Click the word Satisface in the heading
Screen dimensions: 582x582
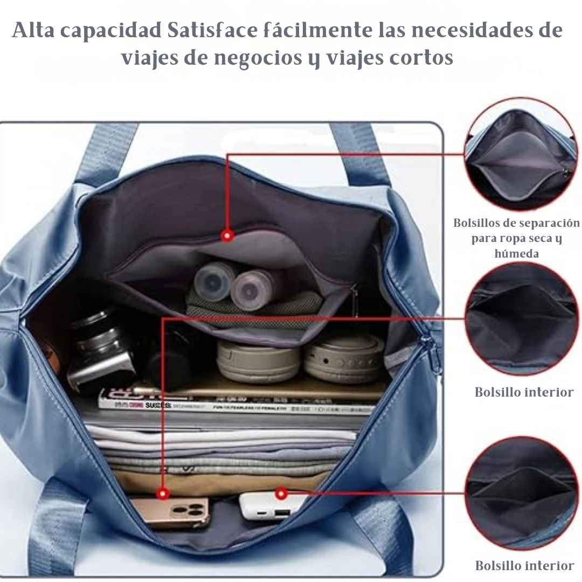pos(207,31)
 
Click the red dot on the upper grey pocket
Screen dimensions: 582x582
pos(227,235)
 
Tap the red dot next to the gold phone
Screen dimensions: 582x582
pos(163,493)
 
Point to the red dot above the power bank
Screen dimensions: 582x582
pos(280,493)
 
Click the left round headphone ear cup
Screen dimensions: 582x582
pos(258,360)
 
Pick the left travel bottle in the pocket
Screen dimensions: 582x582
pos(214,281)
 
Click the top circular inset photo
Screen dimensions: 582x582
pos(521,154)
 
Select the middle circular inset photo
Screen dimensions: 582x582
pos(521,319)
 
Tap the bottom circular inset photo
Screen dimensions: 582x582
pos(521,493)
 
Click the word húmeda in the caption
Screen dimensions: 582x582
pos(516,253)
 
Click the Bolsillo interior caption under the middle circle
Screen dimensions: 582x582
pos(524,392)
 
